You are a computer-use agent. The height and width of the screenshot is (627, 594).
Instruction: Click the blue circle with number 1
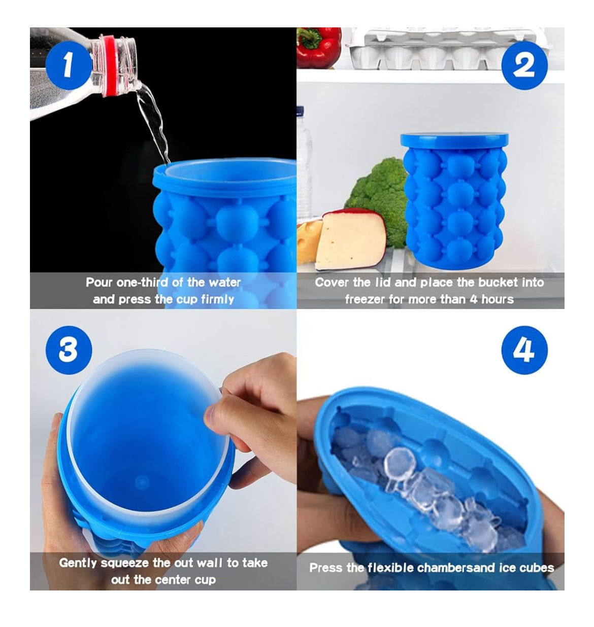pos(69,65)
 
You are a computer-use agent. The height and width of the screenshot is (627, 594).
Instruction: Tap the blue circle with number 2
pos(524,65)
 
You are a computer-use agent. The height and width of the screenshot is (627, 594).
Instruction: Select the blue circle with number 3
pos(69,350)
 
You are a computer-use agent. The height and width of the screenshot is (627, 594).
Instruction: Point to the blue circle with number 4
pos(524,350)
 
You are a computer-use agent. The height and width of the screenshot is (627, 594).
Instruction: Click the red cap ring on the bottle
pos(111,65)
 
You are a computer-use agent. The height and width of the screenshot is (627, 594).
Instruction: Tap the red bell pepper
pos(318,47)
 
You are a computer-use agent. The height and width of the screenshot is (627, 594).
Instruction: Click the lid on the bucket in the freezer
pos(454,141)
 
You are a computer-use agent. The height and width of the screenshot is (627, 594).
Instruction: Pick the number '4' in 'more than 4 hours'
pos(473,299)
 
